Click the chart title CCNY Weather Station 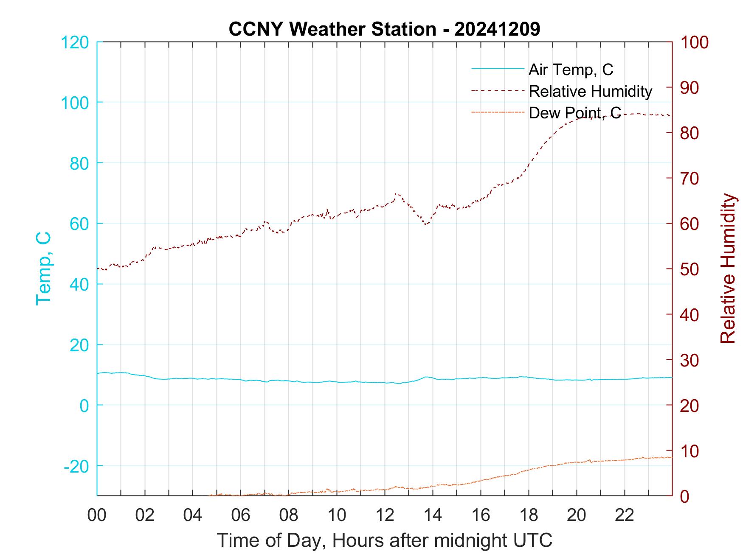(x=384, y=29)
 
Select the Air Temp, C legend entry (x=570, y=70)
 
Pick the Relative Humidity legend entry (x=590, y=91)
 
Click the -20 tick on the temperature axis (x=76, y=466)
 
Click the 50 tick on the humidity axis (x=690, y=269)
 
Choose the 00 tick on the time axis (x=97, y=515)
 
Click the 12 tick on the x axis (x=385, y=515)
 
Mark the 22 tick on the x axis (x=625, y=515)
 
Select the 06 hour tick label (x=241, y=515)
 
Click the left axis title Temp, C (x=44, y=269)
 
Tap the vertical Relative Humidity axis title (x=728, y=269)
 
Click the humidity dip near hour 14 (x=426, y=224)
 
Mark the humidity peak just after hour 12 (x=396, y=193)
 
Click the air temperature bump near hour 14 (x=426, y=377)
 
